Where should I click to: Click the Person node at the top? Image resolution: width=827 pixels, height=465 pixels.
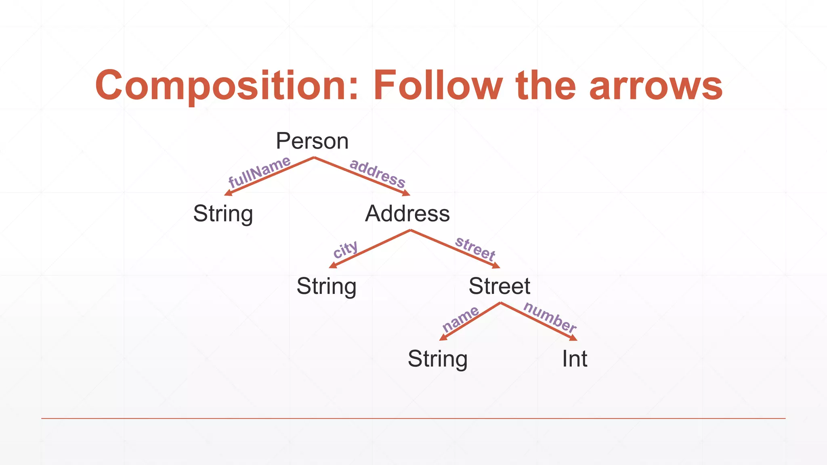312,141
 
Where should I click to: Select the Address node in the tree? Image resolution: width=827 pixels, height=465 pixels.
407,214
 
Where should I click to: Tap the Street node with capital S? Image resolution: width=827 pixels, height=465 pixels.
499,286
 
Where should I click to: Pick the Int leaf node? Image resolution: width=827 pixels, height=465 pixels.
574,358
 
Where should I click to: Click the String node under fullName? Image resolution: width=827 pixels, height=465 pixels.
223,214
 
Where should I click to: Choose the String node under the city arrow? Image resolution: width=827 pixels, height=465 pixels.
326,287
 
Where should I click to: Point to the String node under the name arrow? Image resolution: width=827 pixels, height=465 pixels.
437,359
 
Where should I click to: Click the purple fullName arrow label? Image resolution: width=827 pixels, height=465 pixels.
259,172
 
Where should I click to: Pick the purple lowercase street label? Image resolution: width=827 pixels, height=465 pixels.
475,248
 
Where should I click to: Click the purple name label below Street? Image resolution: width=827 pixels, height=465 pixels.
460,319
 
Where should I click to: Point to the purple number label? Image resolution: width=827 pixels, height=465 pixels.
550,317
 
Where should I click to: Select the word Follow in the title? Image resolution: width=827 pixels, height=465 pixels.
438,85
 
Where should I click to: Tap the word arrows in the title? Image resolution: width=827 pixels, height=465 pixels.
656,86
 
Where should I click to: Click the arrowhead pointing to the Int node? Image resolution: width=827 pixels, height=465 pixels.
573,338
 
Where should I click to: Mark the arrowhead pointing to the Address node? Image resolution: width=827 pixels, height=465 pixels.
406,193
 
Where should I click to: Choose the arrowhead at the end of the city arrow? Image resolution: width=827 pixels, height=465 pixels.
333,265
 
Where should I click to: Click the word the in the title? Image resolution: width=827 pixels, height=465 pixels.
546,85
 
